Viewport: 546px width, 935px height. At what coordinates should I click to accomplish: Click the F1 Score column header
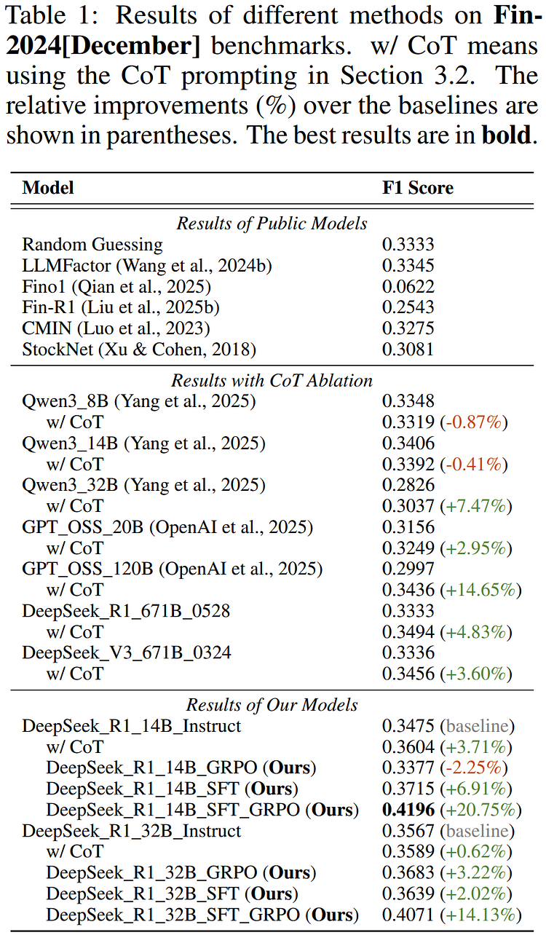[x=417, y=188]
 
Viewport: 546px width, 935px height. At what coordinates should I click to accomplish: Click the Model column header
[x=48, y=188]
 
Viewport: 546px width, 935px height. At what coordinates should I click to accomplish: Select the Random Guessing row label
[x=92, y=245]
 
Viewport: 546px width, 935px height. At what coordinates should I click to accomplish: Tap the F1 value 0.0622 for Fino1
[x=408, y=287]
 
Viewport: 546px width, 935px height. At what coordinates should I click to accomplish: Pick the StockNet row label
[x=139, y=350]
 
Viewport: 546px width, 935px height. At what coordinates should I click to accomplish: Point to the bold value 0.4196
[x=408, y=810]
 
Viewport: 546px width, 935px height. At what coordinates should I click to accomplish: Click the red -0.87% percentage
[x=474, y=422]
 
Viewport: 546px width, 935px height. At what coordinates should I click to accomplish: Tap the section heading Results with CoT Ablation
[x=272, y=381]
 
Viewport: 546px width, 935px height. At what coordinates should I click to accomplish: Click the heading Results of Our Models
[x=272, y=705]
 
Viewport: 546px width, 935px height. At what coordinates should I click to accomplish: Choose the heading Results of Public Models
[x=272, y=224]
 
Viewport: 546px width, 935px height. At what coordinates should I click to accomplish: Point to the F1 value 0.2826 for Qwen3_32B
[x=408, y=485]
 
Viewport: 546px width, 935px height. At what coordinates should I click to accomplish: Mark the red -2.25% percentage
[x=474, y=768]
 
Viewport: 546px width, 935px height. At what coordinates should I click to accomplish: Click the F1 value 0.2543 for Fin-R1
[x=408, y=307]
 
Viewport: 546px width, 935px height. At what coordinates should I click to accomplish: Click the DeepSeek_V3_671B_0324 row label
[x=127, y=653]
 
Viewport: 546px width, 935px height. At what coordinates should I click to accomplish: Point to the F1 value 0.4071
[x=408, y=915]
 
